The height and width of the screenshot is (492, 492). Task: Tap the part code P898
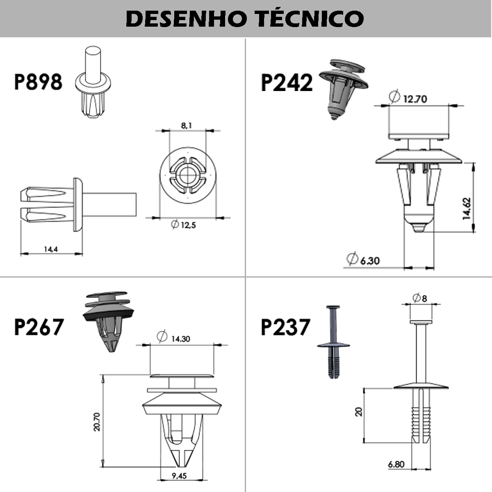click(x=38, y=82)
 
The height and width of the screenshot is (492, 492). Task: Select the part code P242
click(x=287, y=82)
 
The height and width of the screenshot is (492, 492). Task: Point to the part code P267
click(x=39, y=327)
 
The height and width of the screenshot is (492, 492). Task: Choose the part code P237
click(x=285, y=327)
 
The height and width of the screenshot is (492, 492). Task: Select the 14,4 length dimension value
click(x=50, y=248)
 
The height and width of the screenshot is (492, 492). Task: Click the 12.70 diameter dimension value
click(x=415, y=99)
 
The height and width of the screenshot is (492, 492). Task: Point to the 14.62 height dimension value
click(x=467, y=209)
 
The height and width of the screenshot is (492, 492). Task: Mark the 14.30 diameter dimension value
click(x=180, y=339)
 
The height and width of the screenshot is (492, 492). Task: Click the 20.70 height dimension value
click(x=97, y=421)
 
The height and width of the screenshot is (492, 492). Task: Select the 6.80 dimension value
click(x=396, y=464)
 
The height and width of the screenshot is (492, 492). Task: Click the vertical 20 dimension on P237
click(x=359, y=412)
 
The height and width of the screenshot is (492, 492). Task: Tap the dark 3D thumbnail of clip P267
click(x=109, y=320)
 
